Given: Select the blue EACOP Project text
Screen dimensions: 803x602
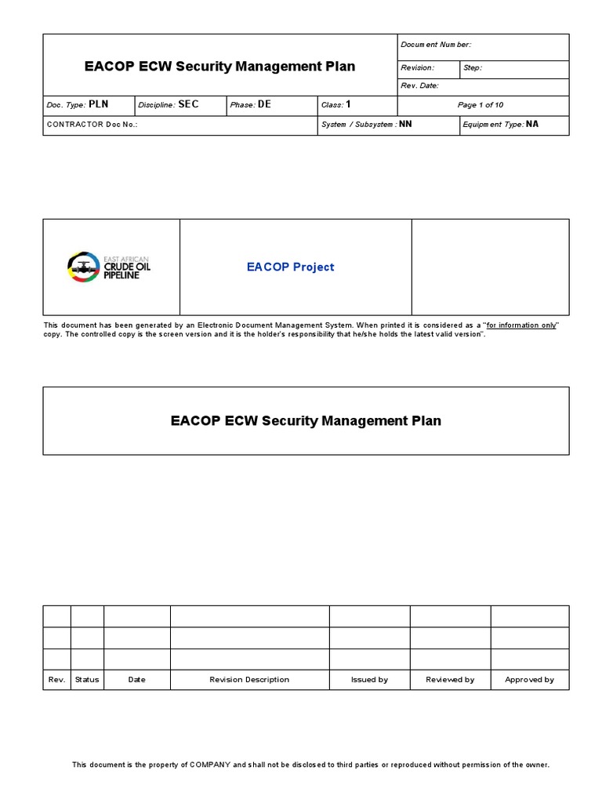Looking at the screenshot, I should click(x=290, y=267).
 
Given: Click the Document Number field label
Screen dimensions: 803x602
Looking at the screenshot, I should click(x=436, y=45).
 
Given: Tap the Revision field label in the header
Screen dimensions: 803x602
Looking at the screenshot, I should click(x=418, y=68).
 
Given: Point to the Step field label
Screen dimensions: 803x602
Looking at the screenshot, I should click(x=473, y=68).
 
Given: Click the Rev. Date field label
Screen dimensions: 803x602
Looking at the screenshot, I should click(x=420, y=85).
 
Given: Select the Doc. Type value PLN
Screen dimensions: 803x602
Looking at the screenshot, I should click(x=100, y=104).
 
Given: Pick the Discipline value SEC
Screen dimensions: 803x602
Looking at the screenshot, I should click(x=189, y=104).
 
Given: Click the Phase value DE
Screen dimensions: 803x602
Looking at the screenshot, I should click(x=264, y=104).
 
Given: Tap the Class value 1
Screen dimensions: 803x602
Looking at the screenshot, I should click(x=349, y=104).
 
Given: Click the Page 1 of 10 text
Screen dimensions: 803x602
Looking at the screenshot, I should click(x=481, y=105).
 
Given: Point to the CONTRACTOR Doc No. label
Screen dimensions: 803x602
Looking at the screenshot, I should click(x=92, y=125).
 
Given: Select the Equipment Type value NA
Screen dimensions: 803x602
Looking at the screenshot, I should click(x=532, y=124).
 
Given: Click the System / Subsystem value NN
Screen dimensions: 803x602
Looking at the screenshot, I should click(x=405, y=124).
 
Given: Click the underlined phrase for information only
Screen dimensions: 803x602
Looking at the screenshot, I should click(x=521, y=325).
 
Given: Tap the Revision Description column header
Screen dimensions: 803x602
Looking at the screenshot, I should click(x=249, y=680).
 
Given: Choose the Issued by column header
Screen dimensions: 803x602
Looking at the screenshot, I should click(x=369, y=680).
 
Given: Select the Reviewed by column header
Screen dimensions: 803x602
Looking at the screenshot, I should click(x=450, y=680).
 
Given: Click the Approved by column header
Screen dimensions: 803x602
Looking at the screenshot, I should click(x=529, y=680).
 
